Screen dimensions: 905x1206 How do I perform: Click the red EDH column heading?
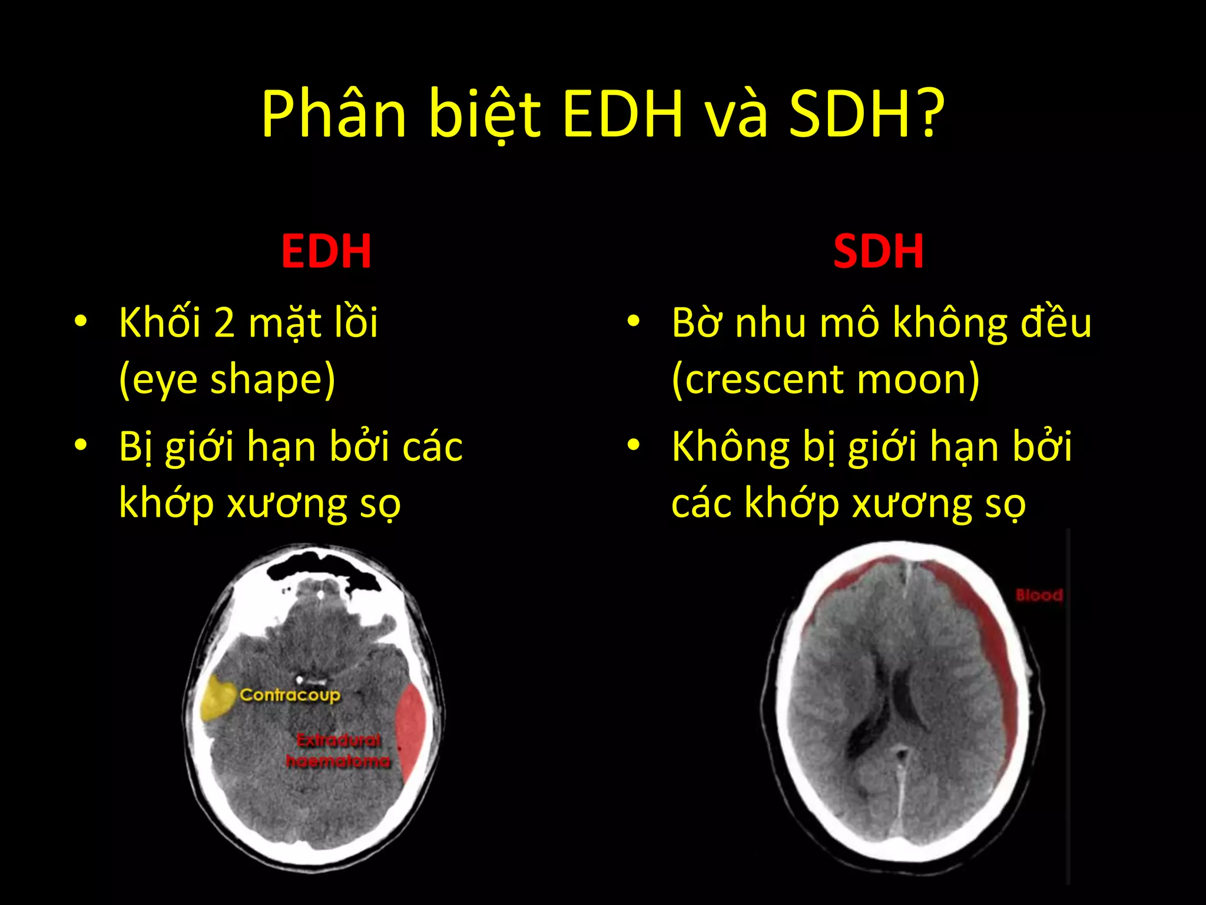[x=326, y=252]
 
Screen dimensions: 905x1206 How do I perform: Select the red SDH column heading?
[x=878, y=252]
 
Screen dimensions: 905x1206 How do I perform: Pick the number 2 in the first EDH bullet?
[x=224, y=323]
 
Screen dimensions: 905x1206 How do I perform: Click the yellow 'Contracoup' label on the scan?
[x=290, y=695]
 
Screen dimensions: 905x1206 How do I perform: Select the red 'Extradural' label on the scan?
[x=338, y=740]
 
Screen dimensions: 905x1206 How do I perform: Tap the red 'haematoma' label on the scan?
[x=338, y=761]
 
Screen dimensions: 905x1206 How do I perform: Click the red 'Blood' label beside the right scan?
[x=1039, y=595]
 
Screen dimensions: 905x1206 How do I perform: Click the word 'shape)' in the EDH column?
[x=273, y=380]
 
